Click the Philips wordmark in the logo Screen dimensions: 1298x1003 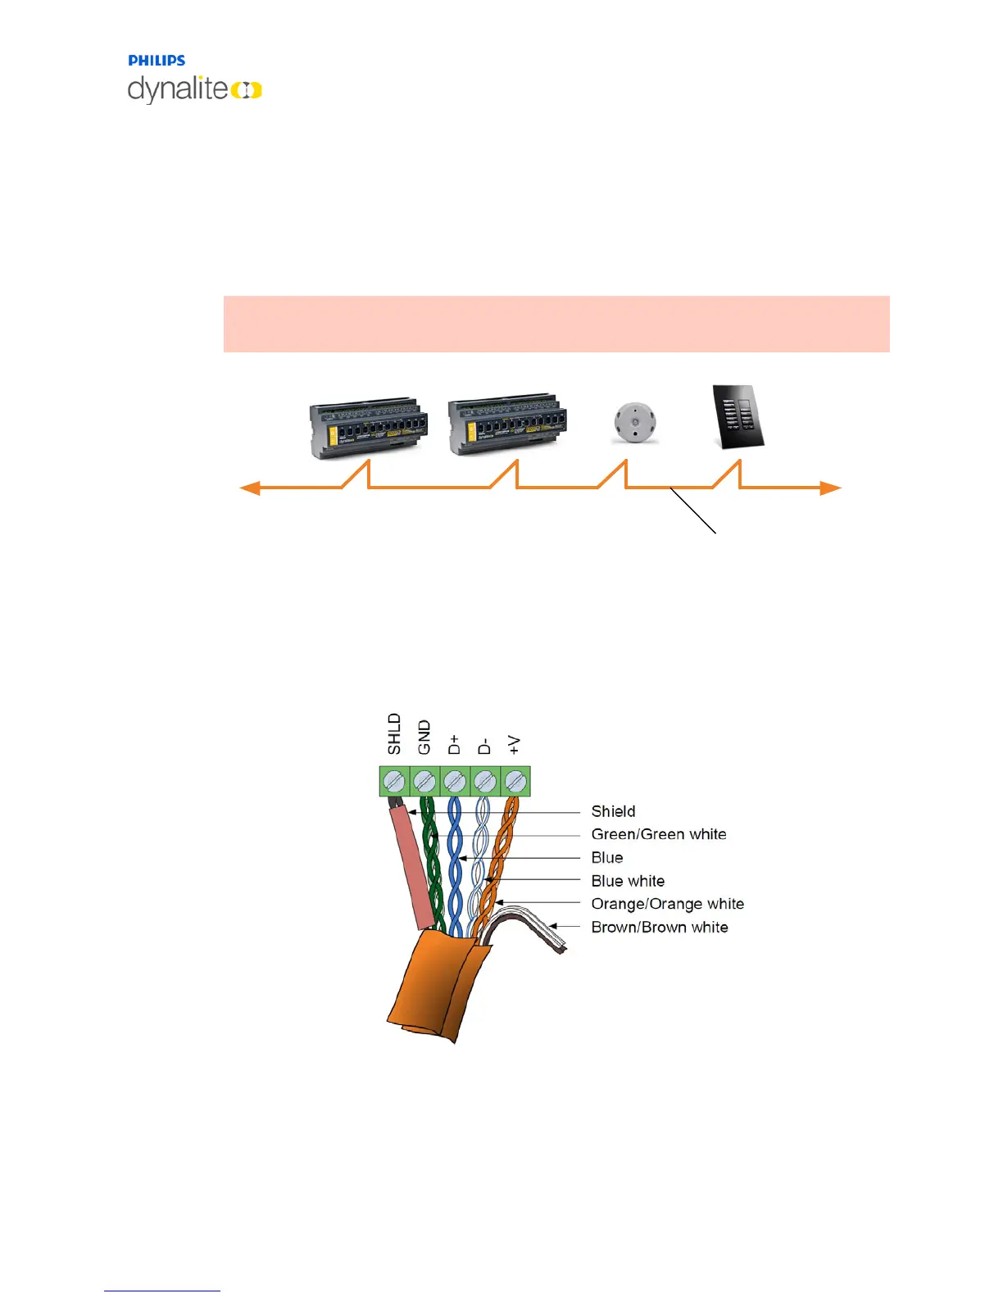tap(157, 61)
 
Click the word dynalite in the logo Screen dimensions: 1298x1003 tap(178, 88)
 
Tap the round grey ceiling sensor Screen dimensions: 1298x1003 tap(635, 423)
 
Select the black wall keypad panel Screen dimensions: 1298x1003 tap(737, 416)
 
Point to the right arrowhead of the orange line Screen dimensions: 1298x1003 tap(831, 488)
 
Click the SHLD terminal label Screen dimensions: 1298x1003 tap(394, 733)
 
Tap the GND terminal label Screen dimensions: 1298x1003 tap(424, 737)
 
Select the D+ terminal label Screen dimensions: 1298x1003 tap(454, 744)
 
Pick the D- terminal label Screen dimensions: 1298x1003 tap(484, 746)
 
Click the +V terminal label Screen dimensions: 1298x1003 tap(514, 744)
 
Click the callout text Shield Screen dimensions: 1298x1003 tap(613, 811)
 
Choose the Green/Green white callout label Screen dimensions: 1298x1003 tap(659, 834)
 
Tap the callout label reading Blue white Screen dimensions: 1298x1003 tap(628, 881)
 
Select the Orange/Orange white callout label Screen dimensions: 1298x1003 tap(667, 904)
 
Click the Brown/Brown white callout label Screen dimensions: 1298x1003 tap(660, 927)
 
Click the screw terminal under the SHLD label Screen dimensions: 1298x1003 tap(394, 781)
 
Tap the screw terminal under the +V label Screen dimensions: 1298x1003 tap(515, 781)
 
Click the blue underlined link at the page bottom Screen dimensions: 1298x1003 tap(162, 1290)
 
